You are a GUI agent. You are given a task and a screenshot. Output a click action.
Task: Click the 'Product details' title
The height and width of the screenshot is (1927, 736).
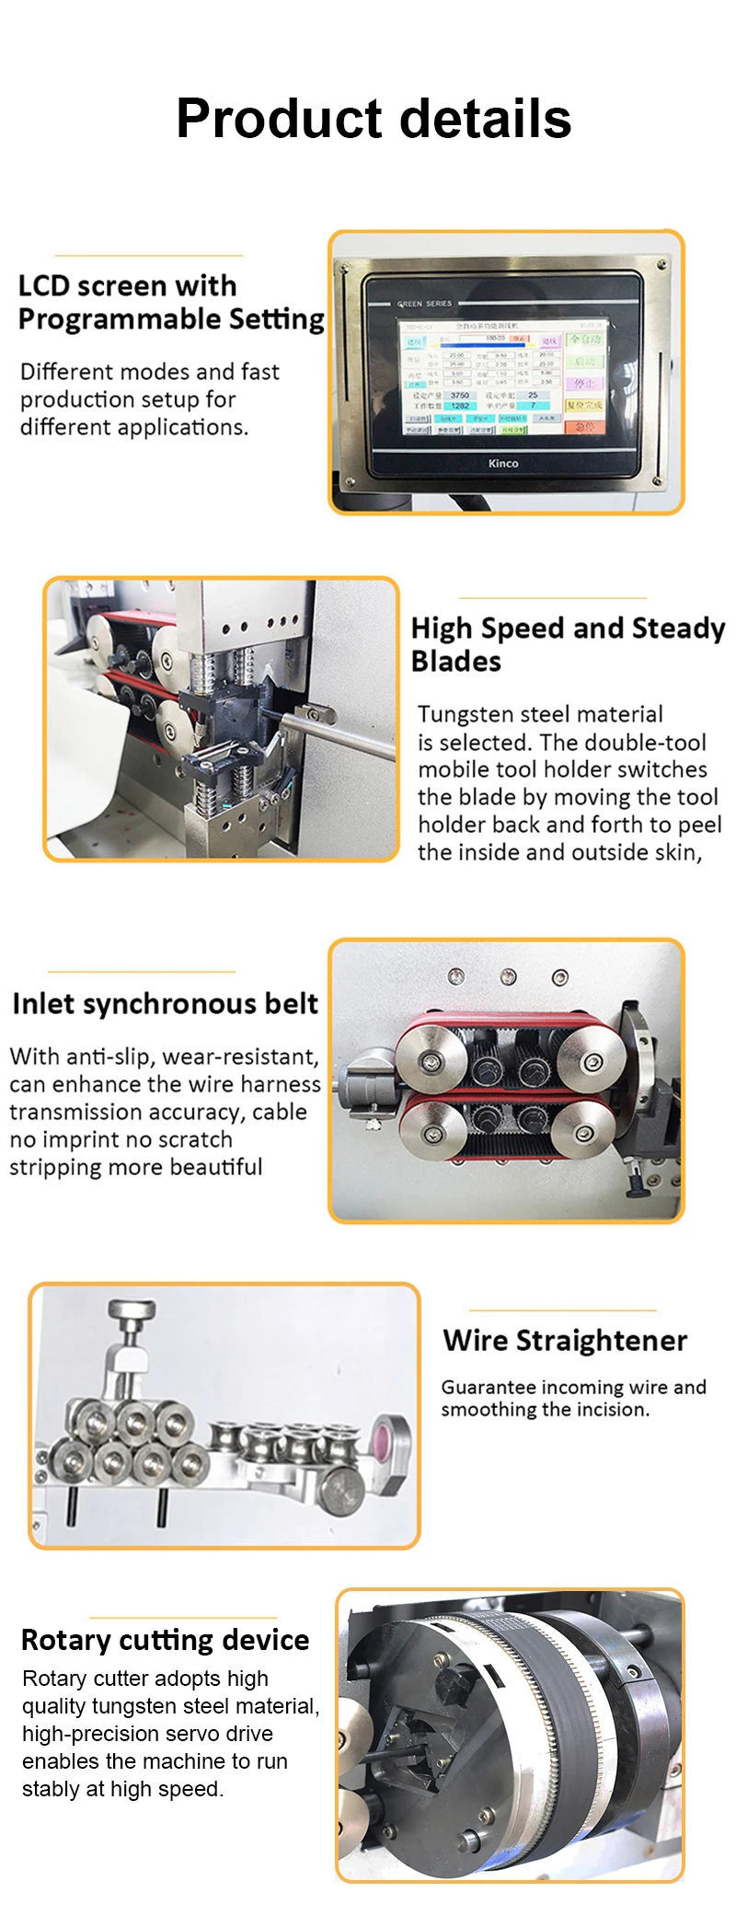pos(374,119)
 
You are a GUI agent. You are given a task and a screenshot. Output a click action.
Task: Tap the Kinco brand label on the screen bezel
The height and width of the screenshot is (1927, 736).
pos(503,463)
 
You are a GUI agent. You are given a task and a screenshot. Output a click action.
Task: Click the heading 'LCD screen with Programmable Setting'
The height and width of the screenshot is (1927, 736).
pos(171,302)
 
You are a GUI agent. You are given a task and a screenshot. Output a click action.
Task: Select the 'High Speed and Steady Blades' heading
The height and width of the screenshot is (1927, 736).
pos(568,644)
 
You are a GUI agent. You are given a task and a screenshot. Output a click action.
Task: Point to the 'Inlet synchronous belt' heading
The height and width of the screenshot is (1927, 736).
pos(166,1003)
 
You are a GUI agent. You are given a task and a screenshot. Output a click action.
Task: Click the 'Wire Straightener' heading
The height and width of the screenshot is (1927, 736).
pos(565,1340)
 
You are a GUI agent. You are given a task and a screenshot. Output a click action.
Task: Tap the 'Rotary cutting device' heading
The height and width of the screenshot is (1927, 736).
pos(165,1639)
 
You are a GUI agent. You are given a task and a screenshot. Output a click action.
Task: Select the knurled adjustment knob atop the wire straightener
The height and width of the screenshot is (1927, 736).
pos(132,1309)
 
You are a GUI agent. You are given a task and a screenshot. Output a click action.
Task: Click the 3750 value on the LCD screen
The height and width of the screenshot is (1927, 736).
pos(460,395)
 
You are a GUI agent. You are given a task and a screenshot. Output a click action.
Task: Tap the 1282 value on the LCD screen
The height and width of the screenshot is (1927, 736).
pos(460,405)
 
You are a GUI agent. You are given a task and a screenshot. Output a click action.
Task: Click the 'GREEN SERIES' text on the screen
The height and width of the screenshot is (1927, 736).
pos(425,303)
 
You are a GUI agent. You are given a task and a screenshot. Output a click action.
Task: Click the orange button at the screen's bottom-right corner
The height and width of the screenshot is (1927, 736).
pos(584,426)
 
